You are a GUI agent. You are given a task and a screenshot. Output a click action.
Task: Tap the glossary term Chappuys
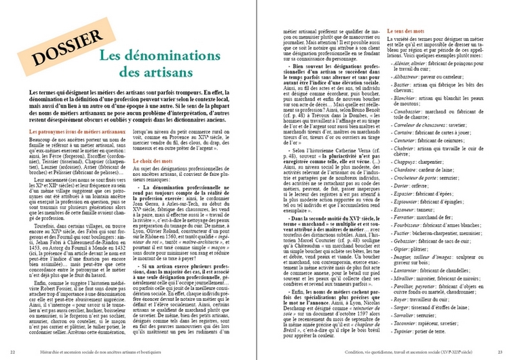click(404, 162)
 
